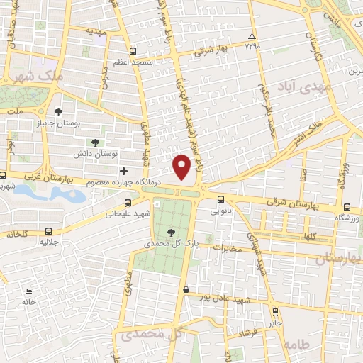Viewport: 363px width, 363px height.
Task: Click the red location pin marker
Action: pyautogui.click(x=182, y=165)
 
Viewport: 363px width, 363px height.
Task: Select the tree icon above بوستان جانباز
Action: pyautogui.click(x=58, y=111)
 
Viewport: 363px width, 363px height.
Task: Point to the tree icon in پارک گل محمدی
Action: pyautogui.click(x=170, y=233)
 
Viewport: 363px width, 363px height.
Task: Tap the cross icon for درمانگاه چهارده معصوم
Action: pyautogui.click(x=123, y=171)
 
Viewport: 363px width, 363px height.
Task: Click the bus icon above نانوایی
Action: pyautogui.click(x=221, y=199)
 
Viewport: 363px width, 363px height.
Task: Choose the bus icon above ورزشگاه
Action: pyautogui.click(x=347, y=207)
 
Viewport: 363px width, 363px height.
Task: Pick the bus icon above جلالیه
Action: pyautogui.click(x=48, y=231)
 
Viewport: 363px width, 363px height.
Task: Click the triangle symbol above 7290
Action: pyautogui.click(x=252, y=36)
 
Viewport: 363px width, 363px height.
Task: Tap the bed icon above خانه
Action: pyautogui.click(x=28, y=292)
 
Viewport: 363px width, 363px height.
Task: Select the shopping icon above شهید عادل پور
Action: pyautogui.click(x=186, y=289)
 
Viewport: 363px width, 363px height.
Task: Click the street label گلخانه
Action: pyautogui.click(x=21, y=235)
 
